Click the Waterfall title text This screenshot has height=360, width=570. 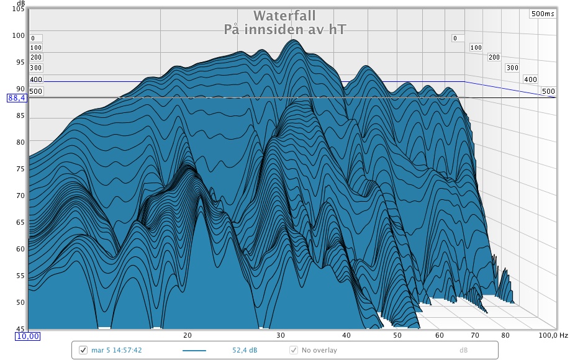pos(285,16)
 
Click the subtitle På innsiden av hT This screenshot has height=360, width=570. pos(285,29)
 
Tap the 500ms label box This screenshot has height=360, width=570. pos(542,14)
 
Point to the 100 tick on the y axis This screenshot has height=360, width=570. pos(19,35)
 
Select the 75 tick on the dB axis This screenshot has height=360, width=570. pos(20,169)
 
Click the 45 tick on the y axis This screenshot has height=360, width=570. pos(20,329)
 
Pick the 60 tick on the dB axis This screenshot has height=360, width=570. pos(20,249)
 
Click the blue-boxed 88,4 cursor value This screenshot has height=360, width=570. pos(16,98)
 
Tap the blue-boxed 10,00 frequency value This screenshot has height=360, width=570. pos(27,336)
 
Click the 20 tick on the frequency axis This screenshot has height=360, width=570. pos(187,335)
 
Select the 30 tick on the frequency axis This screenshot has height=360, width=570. pos(281,335)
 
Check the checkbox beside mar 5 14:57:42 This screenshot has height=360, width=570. pos(83,351)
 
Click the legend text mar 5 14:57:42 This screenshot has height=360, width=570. pos(117,351)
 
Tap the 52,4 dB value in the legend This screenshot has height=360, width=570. pos(245,351)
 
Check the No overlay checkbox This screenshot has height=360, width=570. pos(294,351)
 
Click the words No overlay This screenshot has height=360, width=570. pos(320,351)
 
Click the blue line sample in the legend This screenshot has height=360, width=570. pos(194,351)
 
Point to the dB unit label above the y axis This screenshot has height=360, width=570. pos(21,3)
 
